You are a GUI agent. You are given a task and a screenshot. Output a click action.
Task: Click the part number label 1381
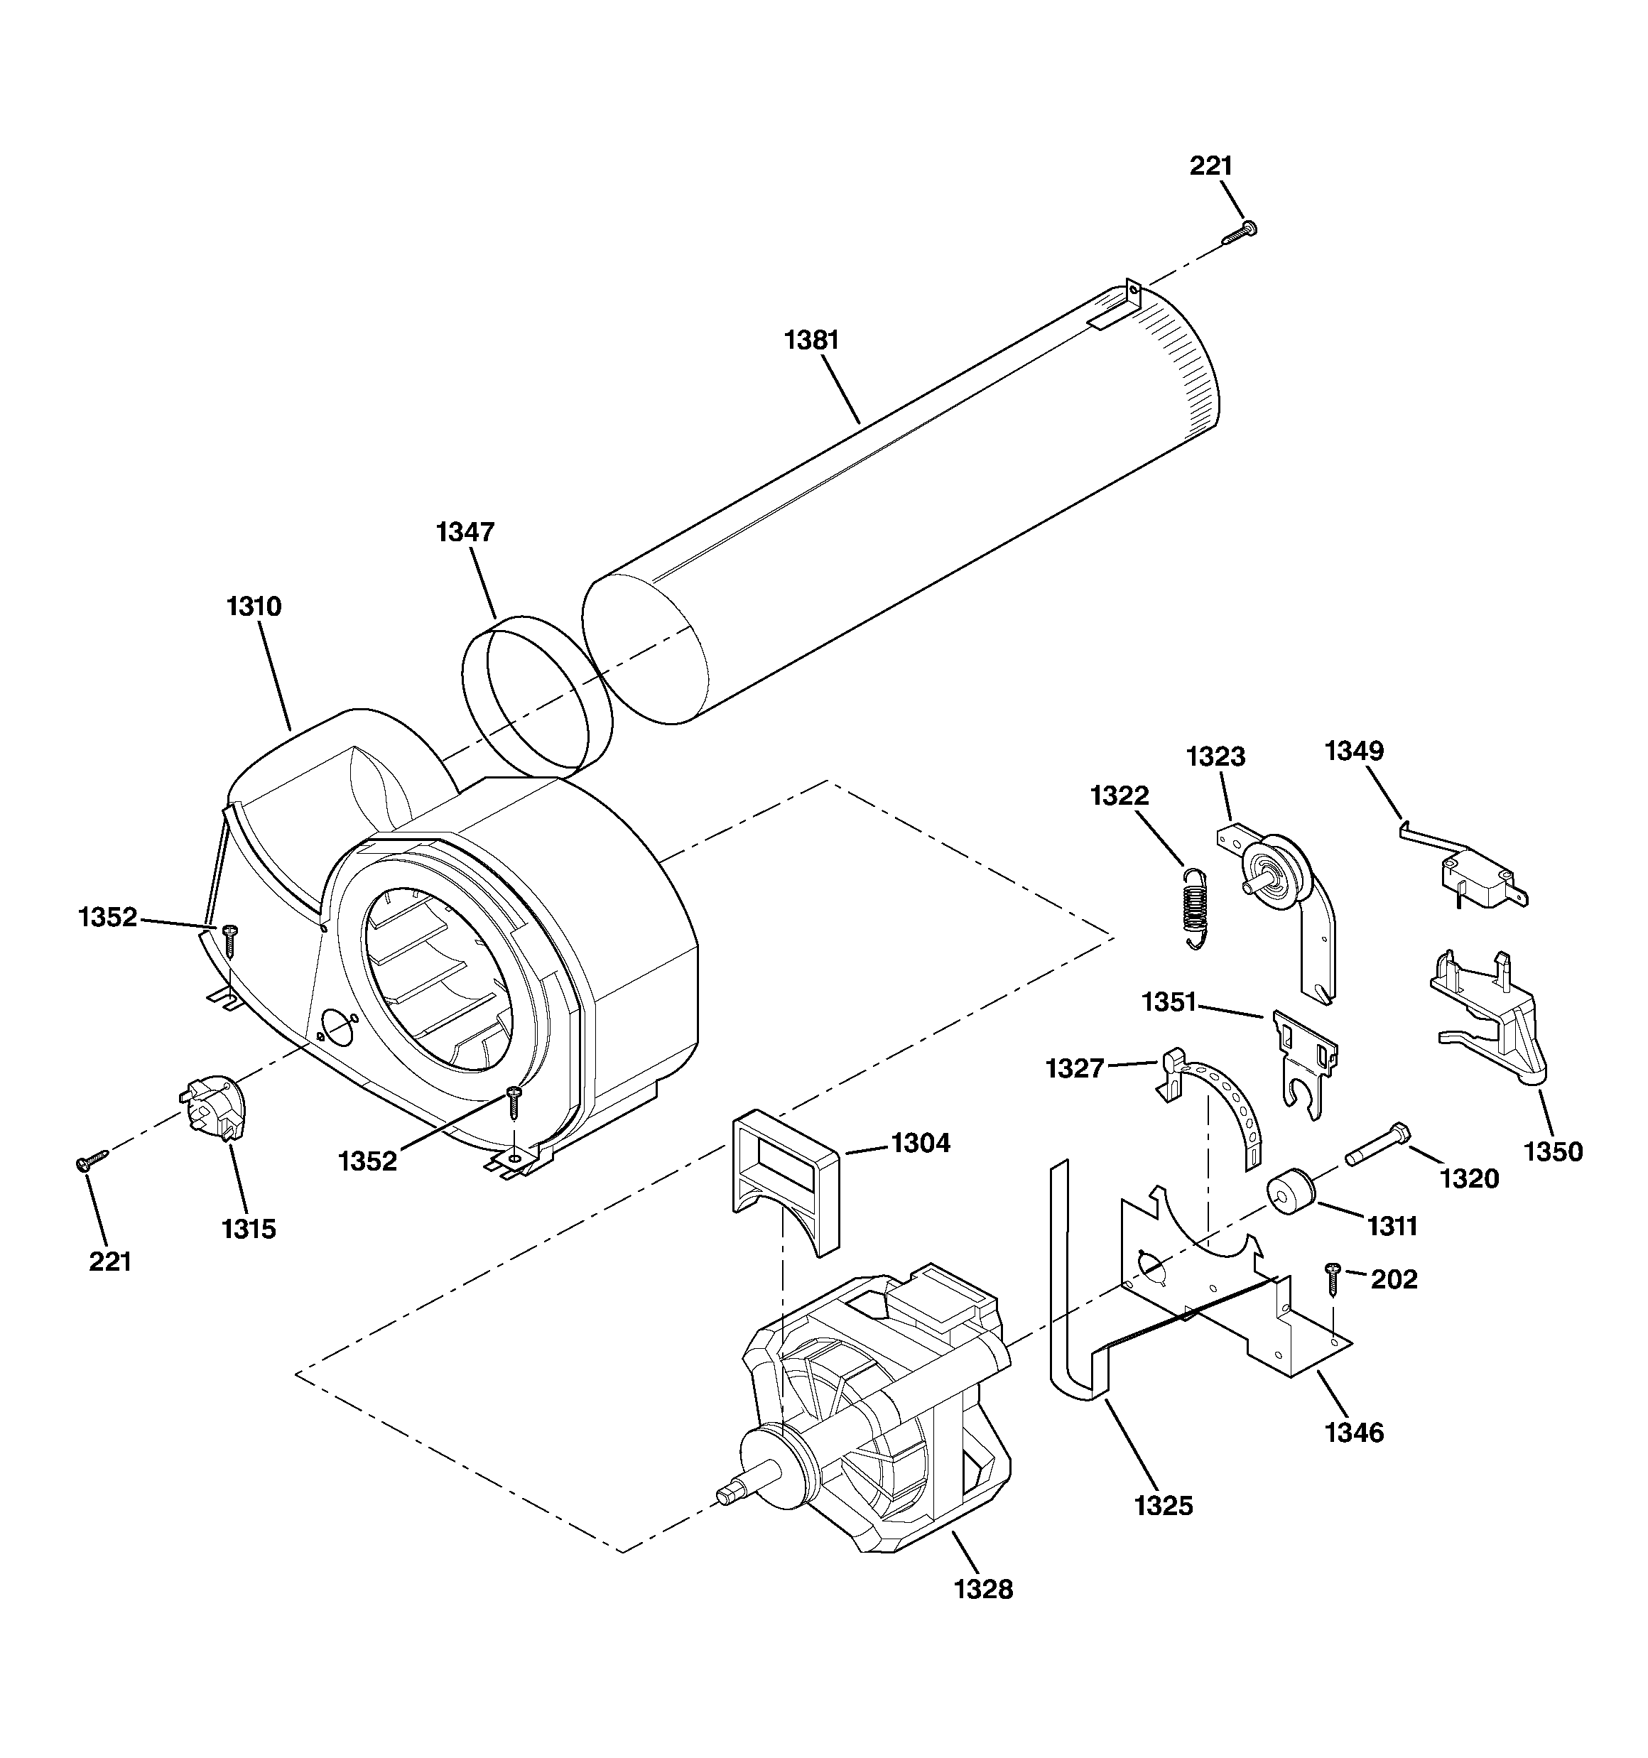(x=811, y=340)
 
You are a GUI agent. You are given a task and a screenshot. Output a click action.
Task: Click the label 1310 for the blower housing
(x=254, y=607)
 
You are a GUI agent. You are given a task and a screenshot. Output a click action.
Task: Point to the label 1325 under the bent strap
(x=1164, y=1505)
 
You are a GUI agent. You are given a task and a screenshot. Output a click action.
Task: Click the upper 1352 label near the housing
(x=108, y=917)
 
